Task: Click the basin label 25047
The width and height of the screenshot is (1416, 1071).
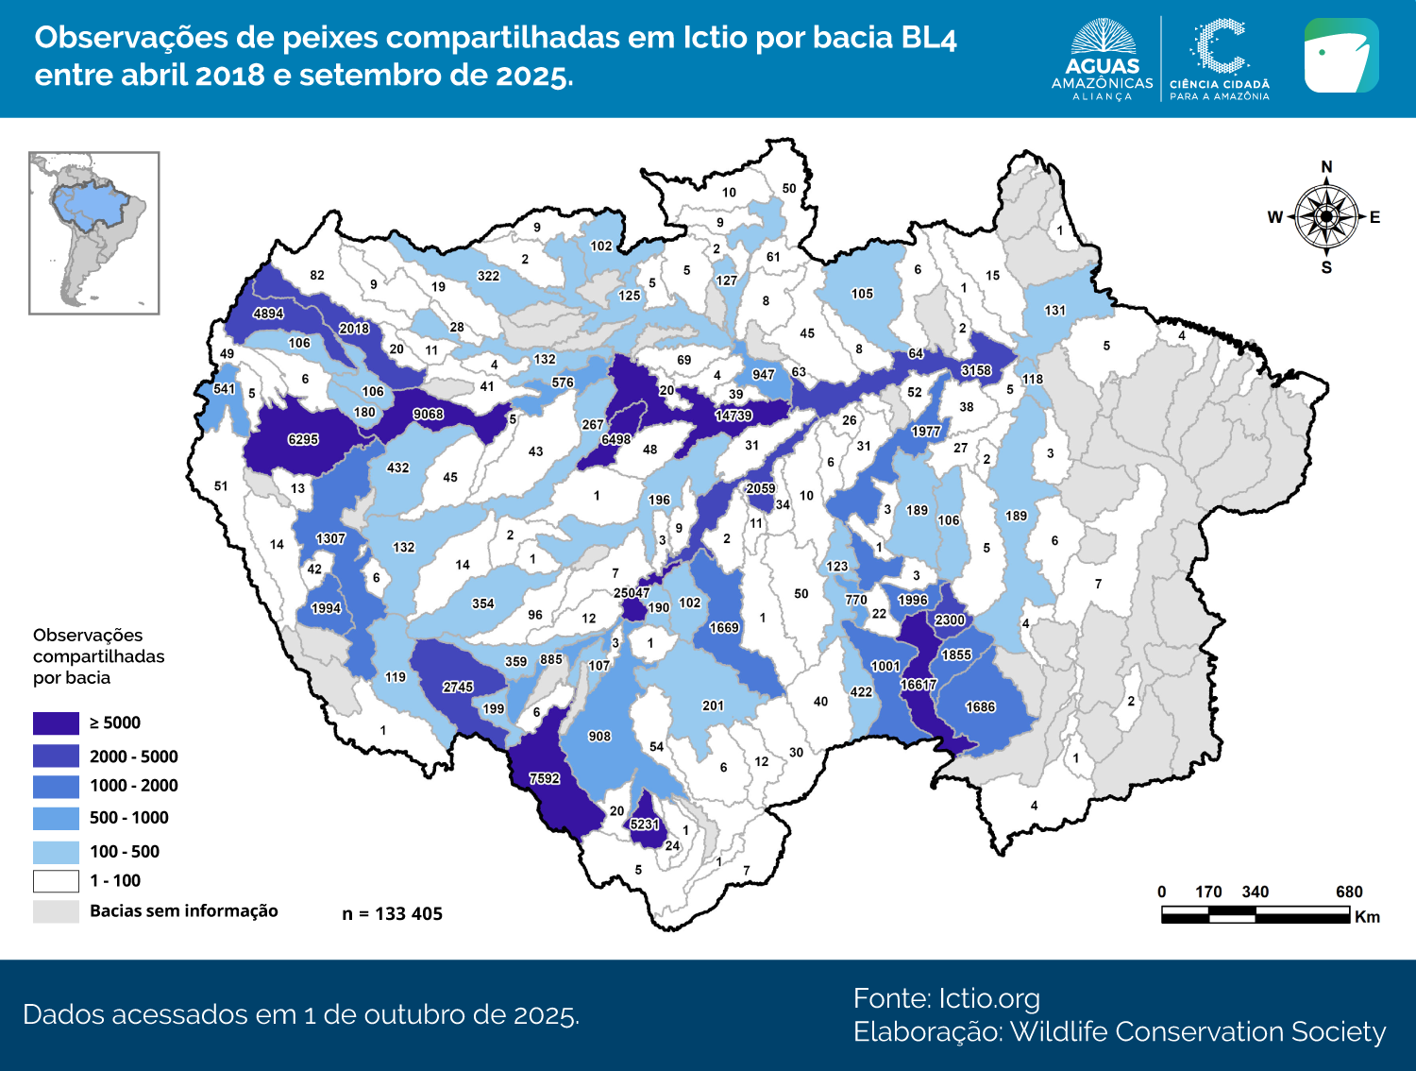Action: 632,593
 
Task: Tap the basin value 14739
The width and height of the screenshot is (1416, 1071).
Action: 733,416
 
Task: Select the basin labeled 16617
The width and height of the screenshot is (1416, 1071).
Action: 919,685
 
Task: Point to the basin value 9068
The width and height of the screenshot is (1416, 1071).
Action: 428,414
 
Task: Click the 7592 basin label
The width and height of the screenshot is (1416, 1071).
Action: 544,778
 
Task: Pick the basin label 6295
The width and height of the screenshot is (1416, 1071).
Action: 303,439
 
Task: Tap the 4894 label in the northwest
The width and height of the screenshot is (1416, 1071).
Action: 268,314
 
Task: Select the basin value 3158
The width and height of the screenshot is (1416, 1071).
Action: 976,370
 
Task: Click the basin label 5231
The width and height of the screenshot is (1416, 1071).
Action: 645,824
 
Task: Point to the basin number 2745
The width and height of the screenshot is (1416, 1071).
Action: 458,687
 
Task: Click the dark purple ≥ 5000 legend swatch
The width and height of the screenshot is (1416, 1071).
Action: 56,723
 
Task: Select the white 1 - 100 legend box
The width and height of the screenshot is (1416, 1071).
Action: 56,881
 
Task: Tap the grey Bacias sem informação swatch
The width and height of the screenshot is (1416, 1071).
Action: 56,911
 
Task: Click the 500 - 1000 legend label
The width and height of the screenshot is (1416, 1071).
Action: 129,818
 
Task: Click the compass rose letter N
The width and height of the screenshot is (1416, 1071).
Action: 1326,167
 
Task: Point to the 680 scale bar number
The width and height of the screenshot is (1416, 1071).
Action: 1349,892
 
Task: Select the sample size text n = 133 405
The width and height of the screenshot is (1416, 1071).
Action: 392,913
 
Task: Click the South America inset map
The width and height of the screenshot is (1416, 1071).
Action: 94,232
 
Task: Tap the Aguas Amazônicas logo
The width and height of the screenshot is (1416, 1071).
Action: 1102,59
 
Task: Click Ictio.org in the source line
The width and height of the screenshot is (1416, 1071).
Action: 988,998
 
